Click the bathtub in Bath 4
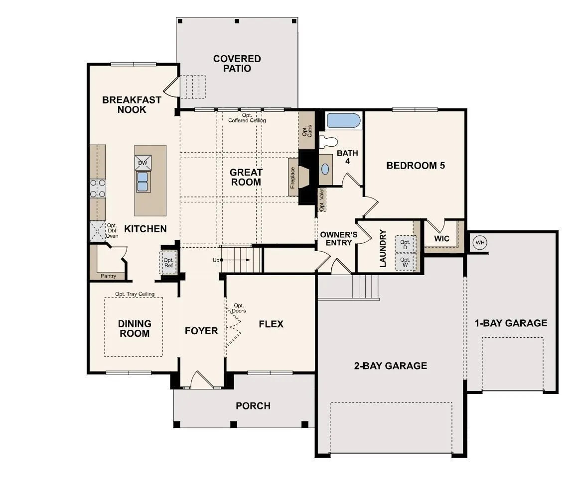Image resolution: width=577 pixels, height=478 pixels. [343, 121]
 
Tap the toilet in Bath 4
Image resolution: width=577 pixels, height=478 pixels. [328, 141]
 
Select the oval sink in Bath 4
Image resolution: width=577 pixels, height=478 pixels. [325, 169]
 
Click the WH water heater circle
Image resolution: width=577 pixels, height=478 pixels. [480, 243]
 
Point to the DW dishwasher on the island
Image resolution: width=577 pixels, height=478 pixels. [143, 163]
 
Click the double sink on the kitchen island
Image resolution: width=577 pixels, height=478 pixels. [143, 182]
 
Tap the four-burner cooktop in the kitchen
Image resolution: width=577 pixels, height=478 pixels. [98, 189]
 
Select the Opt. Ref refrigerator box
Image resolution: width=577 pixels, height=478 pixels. [168, 262]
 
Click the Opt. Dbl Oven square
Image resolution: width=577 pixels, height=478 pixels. [98, 231]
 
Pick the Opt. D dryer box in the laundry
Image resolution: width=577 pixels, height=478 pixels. [405, 244]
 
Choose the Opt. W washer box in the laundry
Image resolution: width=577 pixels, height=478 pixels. [405, 262]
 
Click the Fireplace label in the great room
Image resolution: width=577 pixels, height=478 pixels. [292, 178]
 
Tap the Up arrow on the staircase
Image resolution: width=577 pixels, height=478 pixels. [236, 260]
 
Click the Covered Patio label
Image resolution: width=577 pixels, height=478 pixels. [237, 64]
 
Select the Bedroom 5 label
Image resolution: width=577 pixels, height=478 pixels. [416, 166]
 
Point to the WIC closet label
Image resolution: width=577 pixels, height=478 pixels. [441, 238]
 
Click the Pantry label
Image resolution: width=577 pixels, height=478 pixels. [108, 276]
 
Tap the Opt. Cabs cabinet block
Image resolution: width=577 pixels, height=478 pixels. [306, 130]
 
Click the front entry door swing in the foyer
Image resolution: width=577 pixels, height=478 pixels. [202, 380]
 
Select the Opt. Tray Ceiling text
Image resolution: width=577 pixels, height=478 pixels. [135, 294]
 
